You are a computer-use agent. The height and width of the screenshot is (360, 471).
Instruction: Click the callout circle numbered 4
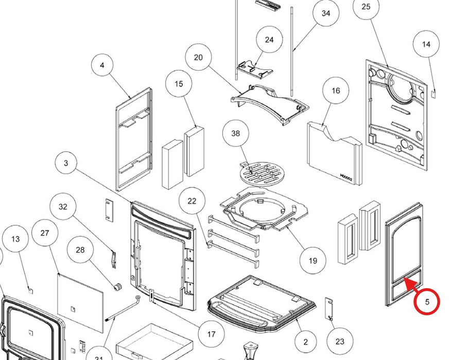tap(102, 65)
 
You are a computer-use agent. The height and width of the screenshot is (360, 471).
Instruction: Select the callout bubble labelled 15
tap(179, 84)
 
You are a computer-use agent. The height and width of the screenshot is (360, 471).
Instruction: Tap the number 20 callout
tap(199, 58)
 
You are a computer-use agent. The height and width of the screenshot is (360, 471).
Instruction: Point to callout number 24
tap(269, 40)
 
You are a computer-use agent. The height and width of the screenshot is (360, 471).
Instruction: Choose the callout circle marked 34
tap(326, 13)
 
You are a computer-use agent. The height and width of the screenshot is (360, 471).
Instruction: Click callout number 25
tap(366, 7)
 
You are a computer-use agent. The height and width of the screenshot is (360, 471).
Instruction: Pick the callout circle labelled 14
tap(426, 44)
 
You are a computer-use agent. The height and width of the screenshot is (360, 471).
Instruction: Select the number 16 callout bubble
tap(336, 91)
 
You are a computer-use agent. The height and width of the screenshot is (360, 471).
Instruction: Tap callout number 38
tap(235, 134)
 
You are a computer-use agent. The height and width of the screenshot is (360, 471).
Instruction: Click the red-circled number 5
tap(427, 302)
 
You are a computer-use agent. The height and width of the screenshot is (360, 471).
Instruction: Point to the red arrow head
tap(405, 279)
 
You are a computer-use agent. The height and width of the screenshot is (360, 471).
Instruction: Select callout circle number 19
tap(313, 261)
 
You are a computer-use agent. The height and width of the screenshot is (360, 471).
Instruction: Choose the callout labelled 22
tap(192, 201)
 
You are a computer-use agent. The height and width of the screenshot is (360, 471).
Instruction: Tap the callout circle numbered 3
tap(66, 164)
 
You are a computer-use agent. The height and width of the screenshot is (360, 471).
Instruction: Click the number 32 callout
tap(63, 207)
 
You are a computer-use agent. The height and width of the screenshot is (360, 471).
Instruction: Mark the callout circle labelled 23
tap(339, 341)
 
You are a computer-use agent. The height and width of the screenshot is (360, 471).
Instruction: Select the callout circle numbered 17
tap(211, 334)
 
